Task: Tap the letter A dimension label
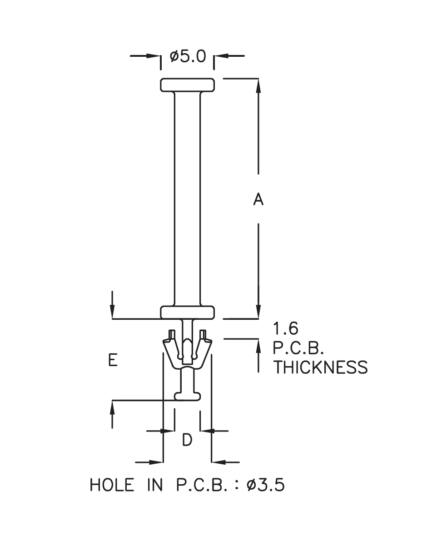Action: click(258, 199)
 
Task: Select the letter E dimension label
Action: click(113, 360)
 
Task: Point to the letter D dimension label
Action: click(187, 440)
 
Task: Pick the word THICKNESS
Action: click(320, 367)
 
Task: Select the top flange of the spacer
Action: click(187, 84)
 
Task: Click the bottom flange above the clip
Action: click(187, 312)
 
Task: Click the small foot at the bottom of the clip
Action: click(187, 396)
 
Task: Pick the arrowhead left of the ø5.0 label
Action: click(155, 56)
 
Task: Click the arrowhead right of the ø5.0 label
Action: click(220, 56)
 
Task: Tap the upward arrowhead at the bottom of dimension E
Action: click(112, 407)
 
